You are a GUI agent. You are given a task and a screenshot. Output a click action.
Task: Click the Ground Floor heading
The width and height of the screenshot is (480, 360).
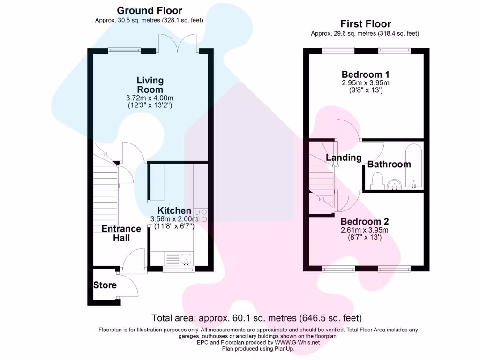click(150, 10)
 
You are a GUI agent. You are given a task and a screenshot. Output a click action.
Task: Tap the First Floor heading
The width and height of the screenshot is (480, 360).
click(365, 24)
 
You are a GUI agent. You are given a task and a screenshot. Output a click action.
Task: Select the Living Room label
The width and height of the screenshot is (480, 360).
click(150, 85)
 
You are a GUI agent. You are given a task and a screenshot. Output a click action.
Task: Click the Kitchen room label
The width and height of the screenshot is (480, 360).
click(174, 210)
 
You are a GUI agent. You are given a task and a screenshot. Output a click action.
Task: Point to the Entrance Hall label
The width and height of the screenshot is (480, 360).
click(121, 233)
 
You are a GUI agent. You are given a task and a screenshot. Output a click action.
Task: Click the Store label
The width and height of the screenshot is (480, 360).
click(105, 285)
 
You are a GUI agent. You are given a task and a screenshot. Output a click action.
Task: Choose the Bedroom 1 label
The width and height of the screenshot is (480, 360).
click(365, 75)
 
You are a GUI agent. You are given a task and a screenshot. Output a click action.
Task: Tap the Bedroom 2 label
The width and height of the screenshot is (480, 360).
click(364, 221)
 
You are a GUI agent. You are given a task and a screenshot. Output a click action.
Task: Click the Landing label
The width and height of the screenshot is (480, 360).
click(344, 158)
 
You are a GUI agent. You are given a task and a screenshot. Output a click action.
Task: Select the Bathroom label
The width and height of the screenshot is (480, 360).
click(389, 164)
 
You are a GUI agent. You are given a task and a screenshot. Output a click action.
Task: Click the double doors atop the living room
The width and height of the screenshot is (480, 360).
click(178, 45)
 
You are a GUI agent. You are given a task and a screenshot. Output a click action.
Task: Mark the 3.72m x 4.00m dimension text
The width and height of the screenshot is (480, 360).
click(150, 98)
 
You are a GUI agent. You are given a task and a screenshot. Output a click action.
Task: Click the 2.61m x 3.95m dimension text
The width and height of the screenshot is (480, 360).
click(365, 230)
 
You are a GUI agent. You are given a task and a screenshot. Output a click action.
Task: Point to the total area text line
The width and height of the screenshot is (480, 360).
click(257, 318)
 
